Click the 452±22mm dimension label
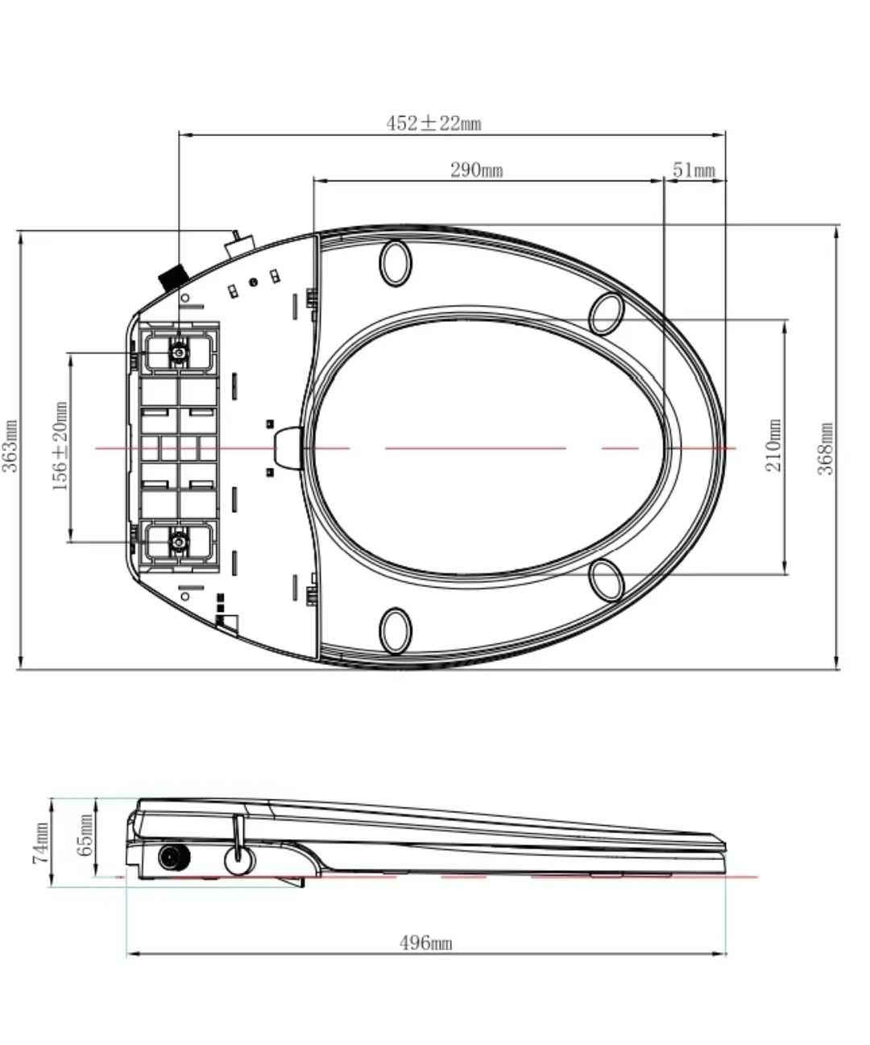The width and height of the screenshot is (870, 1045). [433, 123]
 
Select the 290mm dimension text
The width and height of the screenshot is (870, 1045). [476, 170]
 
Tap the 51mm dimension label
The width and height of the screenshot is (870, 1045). [694, 170]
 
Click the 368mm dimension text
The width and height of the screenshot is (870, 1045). [827, 448]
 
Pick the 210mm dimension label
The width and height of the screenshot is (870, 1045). [774, 447]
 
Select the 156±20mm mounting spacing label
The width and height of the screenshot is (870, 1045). [60, 448]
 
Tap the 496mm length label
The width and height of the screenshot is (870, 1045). [426, 943]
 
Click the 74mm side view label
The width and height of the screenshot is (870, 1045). [40, 842]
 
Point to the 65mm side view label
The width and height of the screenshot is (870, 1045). [85, 836]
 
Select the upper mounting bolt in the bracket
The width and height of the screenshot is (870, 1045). [178, 352]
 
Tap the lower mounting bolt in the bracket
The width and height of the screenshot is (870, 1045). [178, 542]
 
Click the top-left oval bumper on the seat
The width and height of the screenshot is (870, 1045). [396, 262]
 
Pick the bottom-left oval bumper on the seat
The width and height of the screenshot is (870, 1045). [396, 630]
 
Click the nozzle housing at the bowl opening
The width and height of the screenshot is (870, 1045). [288, 447]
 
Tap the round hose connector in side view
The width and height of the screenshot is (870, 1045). [172, 859]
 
